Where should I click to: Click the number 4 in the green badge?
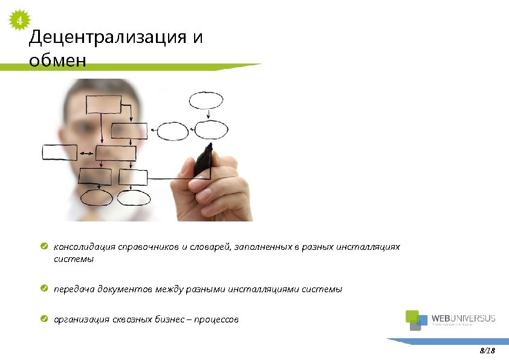pos(20,22)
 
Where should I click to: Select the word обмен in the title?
pos(57,61)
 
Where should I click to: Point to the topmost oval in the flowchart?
pos(206,100)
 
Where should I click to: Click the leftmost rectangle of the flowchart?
pos(59,152)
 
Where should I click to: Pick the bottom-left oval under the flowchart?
pos(96,197)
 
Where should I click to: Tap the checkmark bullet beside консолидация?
pos(45,247)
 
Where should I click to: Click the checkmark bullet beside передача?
pos(45,289)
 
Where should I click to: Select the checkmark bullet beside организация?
pos(45,319)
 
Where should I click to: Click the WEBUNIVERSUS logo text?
pos(463,318)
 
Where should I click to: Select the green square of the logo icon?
pos(411,316)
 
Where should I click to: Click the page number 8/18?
pos(487,350)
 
